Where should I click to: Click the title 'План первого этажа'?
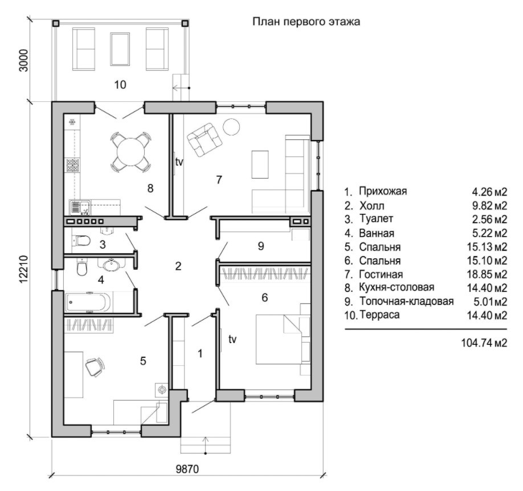tap(306, 22)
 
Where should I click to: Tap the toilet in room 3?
tap(82, 240)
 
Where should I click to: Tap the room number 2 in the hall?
tap(178, 266)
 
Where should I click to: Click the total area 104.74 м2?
tap(484, 343)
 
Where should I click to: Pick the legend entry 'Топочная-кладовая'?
tap(406, 302)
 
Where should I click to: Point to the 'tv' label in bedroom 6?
tap(232, 340)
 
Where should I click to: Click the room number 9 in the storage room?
tap(261, 246)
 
